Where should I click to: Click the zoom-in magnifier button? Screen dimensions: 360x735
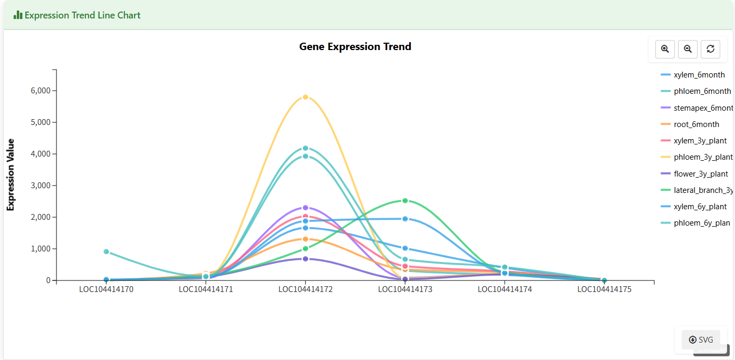[x=665, y=49]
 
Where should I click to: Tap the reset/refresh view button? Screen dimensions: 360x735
[x=710, y=49]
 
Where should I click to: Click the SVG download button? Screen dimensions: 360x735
[x=701, y=340]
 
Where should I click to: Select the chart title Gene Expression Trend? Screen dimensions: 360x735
[x=355, y=46]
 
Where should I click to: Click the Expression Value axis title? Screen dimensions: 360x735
[x=11, y=175]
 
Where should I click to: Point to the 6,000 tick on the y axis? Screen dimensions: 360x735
[x=40, y=91]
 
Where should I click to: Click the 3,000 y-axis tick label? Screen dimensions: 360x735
[x=40, y=186]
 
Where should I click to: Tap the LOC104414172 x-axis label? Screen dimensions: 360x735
[x=305, y=289]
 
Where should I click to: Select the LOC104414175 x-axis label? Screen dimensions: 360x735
[x=604, y=289]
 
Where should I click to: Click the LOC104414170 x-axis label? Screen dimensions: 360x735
[x=107, y=289]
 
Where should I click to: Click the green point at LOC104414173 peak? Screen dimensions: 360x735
[x=405, y=201]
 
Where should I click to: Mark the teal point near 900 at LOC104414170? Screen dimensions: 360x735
[x=107, y=251]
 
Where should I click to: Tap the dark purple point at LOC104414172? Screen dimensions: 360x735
[x=305, y=259]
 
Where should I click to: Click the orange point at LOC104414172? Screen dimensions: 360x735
[x=305, y=239]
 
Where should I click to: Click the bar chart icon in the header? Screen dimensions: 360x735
[x=18, y=15]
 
